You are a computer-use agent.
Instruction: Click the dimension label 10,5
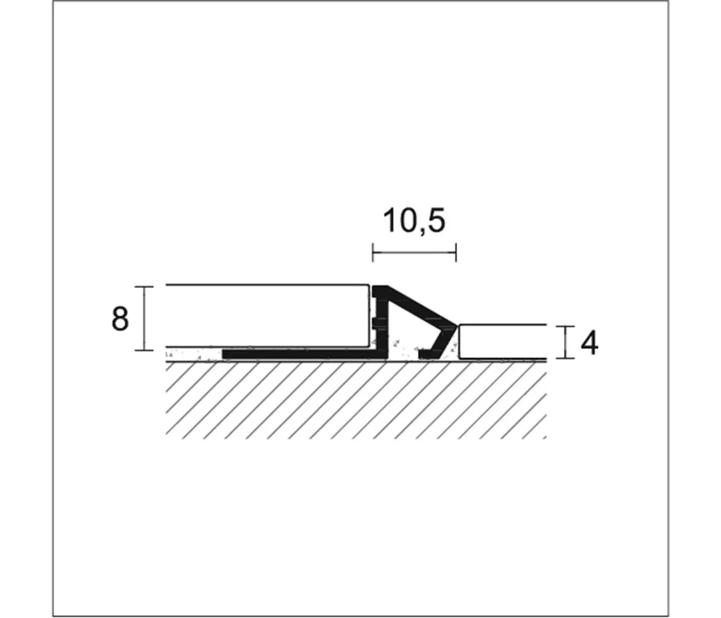(414, 221)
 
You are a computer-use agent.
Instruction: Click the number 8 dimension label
(120, 319)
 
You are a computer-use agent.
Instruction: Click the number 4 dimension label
(589, 343)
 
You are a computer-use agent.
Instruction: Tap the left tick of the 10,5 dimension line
(373, 252)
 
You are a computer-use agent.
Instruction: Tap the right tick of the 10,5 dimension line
(456, 252)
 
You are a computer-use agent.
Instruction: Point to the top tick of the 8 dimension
(144, 286)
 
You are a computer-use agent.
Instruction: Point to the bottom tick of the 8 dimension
(144, 350)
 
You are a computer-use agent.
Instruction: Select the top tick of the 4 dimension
(566, 326)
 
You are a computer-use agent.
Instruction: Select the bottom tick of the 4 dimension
(566, 357)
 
